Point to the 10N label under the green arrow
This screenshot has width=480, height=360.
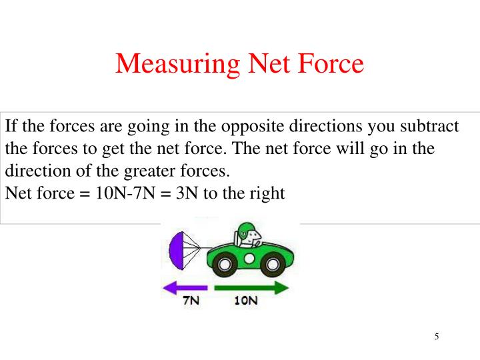[x=245, y=302]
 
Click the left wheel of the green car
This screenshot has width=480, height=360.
[x=225, y=266]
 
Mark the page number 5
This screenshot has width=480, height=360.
[x=436, y=336]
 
